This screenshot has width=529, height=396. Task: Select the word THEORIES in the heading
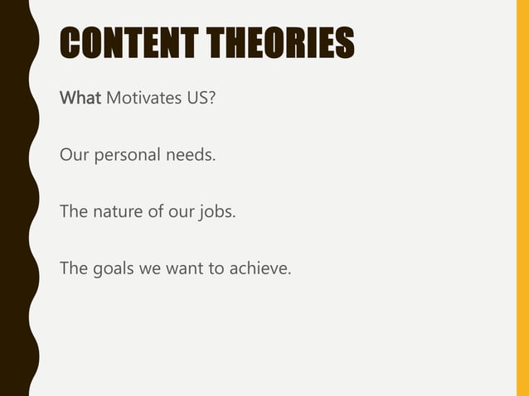click(x=285, y=44)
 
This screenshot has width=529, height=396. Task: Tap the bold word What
click(x=80, y=99)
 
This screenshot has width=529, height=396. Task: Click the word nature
click(x=116, y=212)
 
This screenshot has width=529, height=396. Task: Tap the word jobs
click(x=218, y=212)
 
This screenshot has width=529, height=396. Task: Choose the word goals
click(x=113, y=268)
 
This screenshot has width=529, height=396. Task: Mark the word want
click(x=183, y=268)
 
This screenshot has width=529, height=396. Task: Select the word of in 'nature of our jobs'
click(x=155, y=212)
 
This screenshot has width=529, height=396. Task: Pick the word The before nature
click(x=73, y=212)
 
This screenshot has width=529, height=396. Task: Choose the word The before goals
click(x=73, y=268)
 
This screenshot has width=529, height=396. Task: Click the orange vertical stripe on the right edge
click(x=522, y=198)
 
